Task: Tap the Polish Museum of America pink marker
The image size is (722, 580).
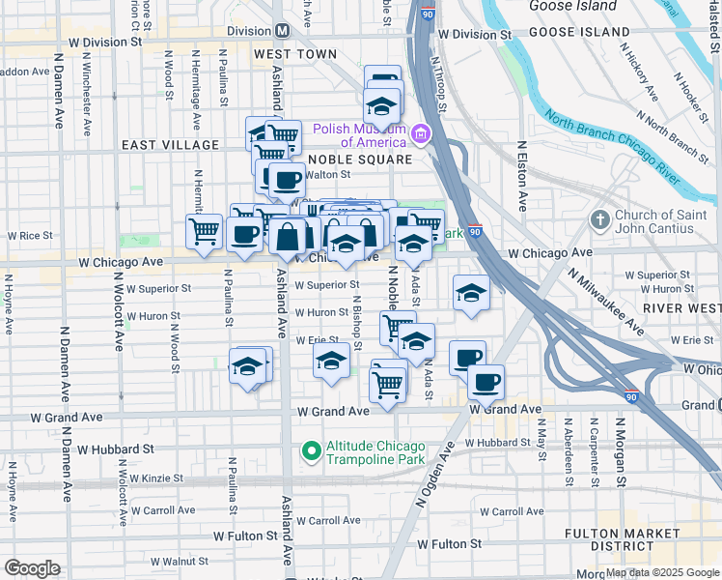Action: coord(420,133)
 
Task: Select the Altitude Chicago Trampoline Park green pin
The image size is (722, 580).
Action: coord(311,450)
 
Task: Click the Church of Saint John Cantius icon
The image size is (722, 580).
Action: coord(599,220)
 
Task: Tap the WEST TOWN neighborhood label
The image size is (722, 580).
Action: coord(295,55)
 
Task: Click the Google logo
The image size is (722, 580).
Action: coord(32,568)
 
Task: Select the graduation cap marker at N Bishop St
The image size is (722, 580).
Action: coord(331,362)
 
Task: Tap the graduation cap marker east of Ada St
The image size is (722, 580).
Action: coord(471,292)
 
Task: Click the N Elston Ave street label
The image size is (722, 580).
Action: coord(522,176)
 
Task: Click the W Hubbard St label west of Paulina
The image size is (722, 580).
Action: coord(116,449)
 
